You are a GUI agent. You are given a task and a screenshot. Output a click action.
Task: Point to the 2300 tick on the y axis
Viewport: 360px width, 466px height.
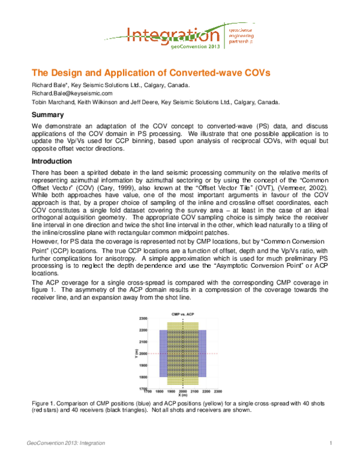click(x=143, y=319)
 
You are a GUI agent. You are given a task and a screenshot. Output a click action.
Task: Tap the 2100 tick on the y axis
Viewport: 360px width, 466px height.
click(x=143, y=342)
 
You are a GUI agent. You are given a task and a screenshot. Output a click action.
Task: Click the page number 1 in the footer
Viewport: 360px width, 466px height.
click(x=331, y=443)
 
